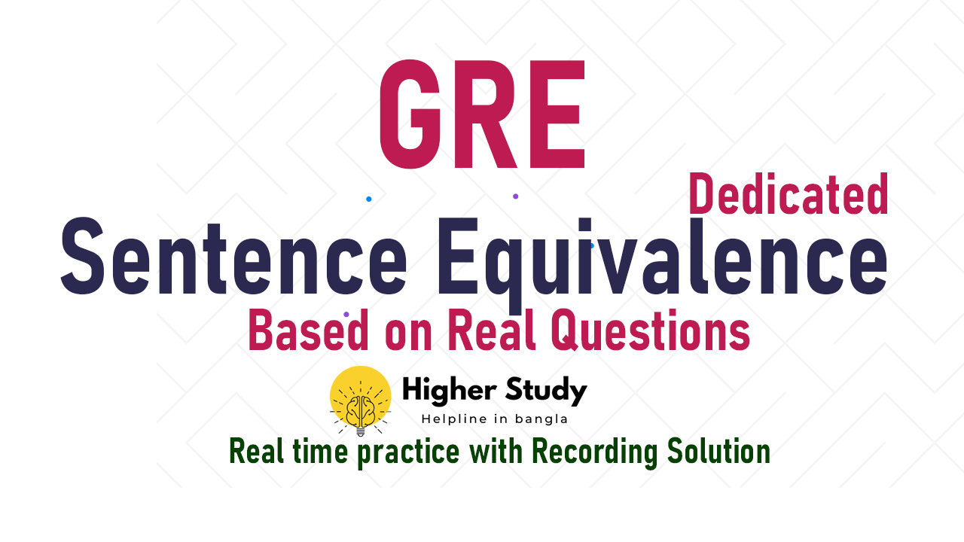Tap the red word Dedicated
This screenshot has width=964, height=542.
tap(789, 195)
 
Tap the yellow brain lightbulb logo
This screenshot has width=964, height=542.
tap(360, 400)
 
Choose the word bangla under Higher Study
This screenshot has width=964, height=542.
tap(541, 419)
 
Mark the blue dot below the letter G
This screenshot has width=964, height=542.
tap(368, 199)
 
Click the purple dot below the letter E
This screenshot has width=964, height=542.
tap(515, 196)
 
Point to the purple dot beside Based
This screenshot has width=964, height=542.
tap(346, 314)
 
